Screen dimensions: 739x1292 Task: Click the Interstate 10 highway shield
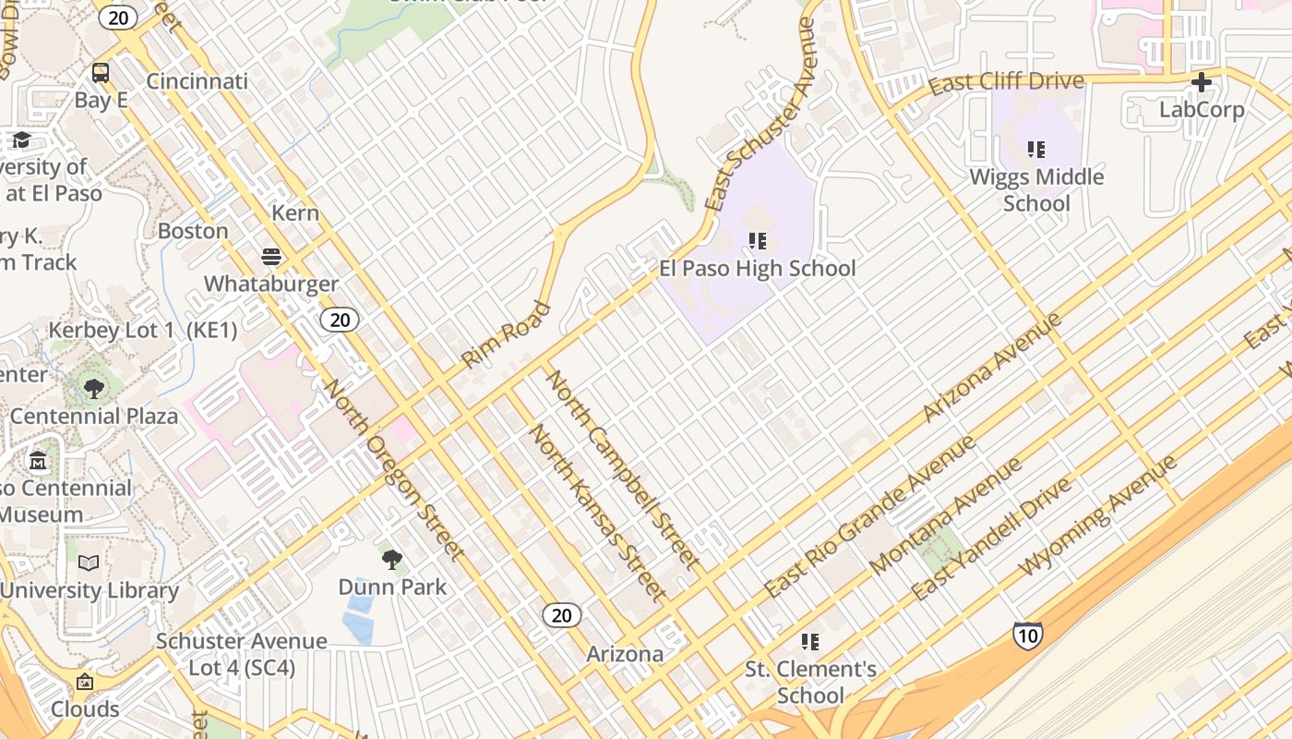(1027, 635)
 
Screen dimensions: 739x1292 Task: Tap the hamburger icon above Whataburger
(271, 256)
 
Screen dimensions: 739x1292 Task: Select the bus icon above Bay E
(101, 72)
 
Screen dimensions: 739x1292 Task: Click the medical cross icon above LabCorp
(1201, 82)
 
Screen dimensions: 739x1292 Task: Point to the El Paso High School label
(757, 269)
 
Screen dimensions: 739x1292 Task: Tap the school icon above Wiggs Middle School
(1035, 149)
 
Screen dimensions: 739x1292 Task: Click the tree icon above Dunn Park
(391, 559)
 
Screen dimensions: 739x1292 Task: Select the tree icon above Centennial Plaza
(93, 388)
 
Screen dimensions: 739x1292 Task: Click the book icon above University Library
(89, 563)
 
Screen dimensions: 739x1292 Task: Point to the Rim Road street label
(506, 334)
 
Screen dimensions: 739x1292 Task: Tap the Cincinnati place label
(197, 81)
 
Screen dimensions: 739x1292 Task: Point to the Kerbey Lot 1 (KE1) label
(143, 330)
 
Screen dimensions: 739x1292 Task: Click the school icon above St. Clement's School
(810, 641)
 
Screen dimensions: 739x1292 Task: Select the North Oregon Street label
(393, 468)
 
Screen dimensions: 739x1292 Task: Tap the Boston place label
(193, 231)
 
